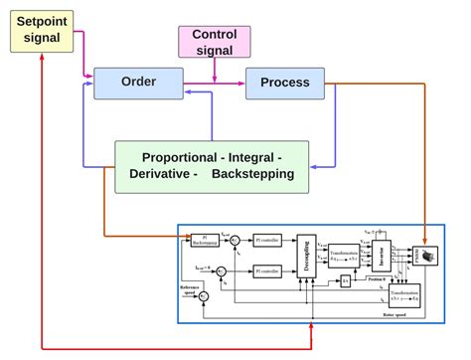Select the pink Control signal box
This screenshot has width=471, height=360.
(x=214, y=42)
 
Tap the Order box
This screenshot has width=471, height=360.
(x=138, y=83)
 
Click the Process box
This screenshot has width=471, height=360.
(x=284, y=83)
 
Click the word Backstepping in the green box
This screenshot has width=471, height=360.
(x=252, y=174)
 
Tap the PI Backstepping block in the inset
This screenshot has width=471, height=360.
(x=205, y=240)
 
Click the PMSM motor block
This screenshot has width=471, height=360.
(x=428, y=256)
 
